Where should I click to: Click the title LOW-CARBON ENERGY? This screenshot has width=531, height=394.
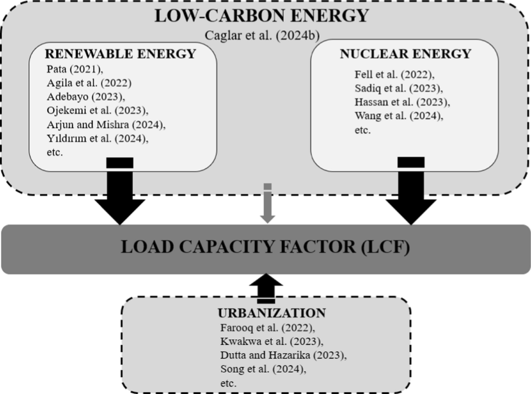(261, 16)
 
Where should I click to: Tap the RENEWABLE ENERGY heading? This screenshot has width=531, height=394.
(120, 54)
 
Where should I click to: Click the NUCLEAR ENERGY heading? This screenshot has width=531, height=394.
(405, 54)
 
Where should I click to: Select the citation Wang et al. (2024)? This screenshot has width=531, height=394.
(399, 116)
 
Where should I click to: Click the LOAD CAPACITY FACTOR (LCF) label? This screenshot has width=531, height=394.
(265, 247)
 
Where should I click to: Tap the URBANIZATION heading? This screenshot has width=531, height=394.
(272, 313)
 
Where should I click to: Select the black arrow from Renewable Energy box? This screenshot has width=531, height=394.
(120, 195)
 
